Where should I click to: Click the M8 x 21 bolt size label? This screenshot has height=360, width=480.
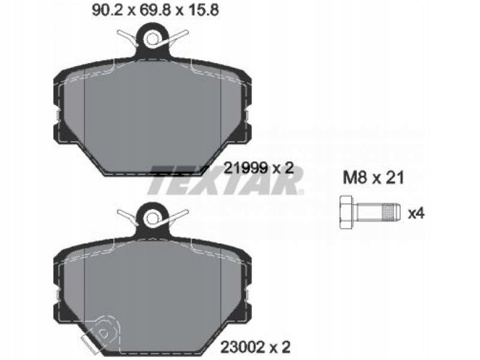click(373, 178)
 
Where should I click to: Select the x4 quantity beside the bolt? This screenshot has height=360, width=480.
click(416, 213)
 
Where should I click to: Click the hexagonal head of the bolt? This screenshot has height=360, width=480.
click(347, 212)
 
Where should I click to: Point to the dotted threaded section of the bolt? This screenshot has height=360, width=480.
click(388, 212)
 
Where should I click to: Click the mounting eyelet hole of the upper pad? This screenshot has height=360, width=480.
click(152, 40)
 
